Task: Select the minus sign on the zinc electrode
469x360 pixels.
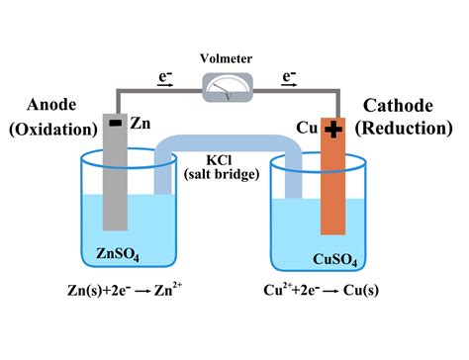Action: (116, 125)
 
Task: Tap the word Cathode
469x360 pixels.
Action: (405, 105)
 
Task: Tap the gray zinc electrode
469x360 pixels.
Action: (116, 178)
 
